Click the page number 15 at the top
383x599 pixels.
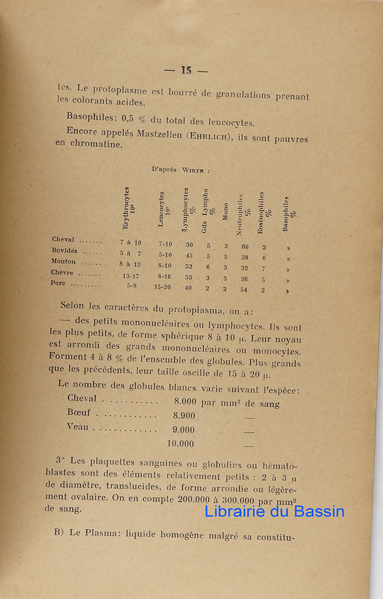(186, 70)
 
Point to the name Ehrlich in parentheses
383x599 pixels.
(206, 136)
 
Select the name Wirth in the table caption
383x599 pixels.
(192, 170)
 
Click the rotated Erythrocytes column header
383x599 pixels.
(126, 208)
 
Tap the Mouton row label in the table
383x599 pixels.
(63, 262)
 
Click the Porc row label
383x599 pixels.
(58, 283)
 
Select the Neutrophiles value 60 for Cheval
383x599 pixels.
(245, 247)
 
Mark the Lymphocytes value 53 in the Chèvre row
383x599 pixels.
(189, 278)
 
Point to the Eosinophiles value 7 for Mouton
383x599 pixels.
(264, 269)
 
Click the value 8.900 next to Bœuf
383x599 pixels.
(184, 415)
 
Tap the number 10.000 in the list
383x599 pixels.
(180, 443)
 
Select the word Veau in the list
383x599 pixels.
(77, 427)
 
